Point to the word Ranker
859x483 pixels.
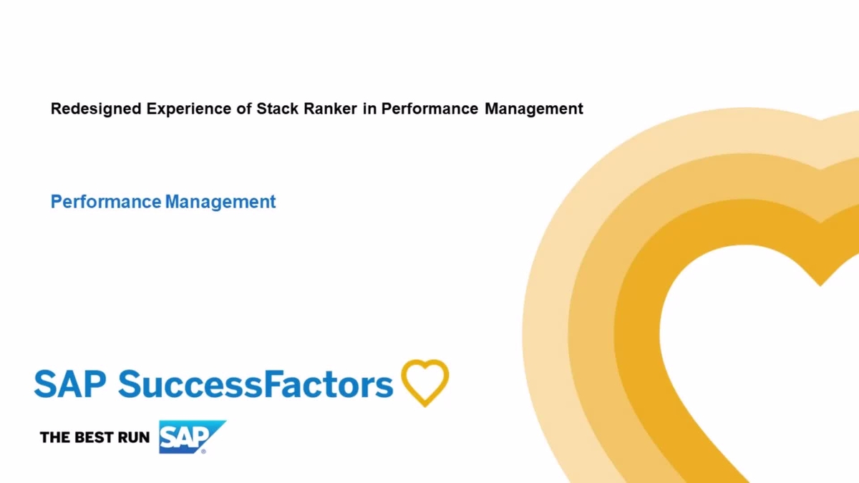(329, 109)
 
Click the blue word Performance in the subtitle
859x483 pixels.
(105, 202)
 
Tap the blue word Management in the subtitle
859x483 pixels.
(220, 202)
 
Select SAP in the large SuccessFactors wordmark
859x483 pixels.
(71, 384)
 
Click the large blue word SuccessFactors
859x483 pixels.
(256, 384)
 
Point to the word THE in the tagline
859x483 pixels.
(54, 437)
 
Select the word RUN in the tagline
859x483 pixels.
(132, 437)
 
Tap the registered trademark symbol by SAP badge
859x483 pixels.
(203, 451)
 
